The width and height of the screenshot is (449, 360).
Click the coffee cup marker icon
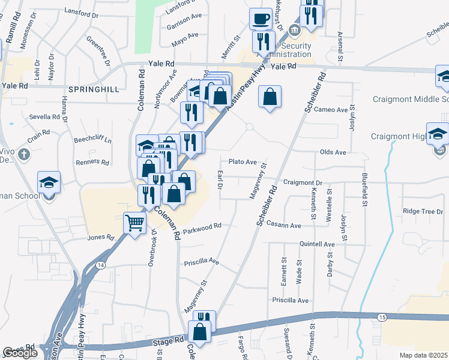(x=260, y=19)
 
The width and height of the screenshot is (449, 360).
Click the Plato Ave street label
(x=243, y=162)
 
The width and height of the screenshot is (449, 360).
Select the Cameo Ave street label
(x=331, y=110)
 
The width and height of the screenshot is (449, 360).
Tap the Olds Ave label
(x=333, y=152)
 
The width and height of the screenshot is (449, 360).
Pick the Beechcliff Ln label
(x=92, y=140)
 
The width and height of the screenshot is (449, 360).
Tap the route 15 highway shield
(x=382, y=316)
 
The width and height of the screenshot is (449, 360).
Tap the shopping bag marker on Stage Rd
(x=199, y=331)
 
